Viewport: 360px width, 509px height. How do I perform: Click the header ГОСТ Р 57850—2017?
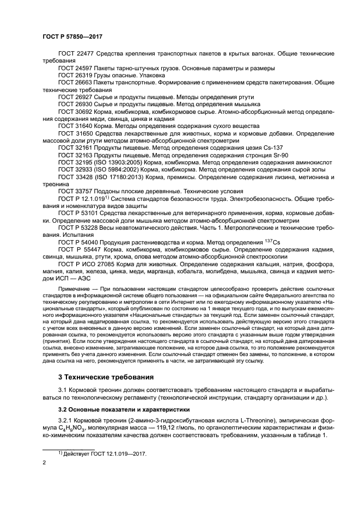click(x=72, y=36)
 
